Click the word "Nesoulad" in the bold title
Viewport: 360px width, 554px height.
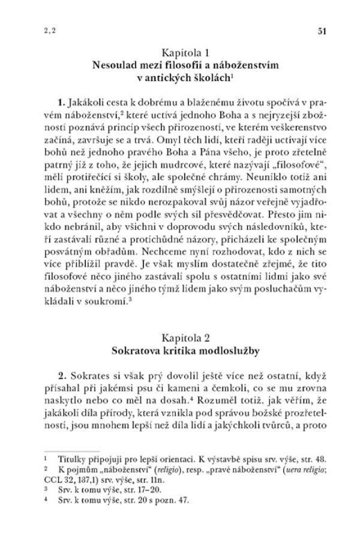click(x=113, y=64)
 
